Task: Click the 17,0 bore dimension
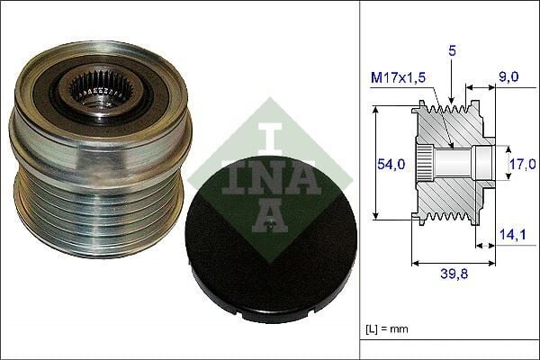(523, 164)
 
